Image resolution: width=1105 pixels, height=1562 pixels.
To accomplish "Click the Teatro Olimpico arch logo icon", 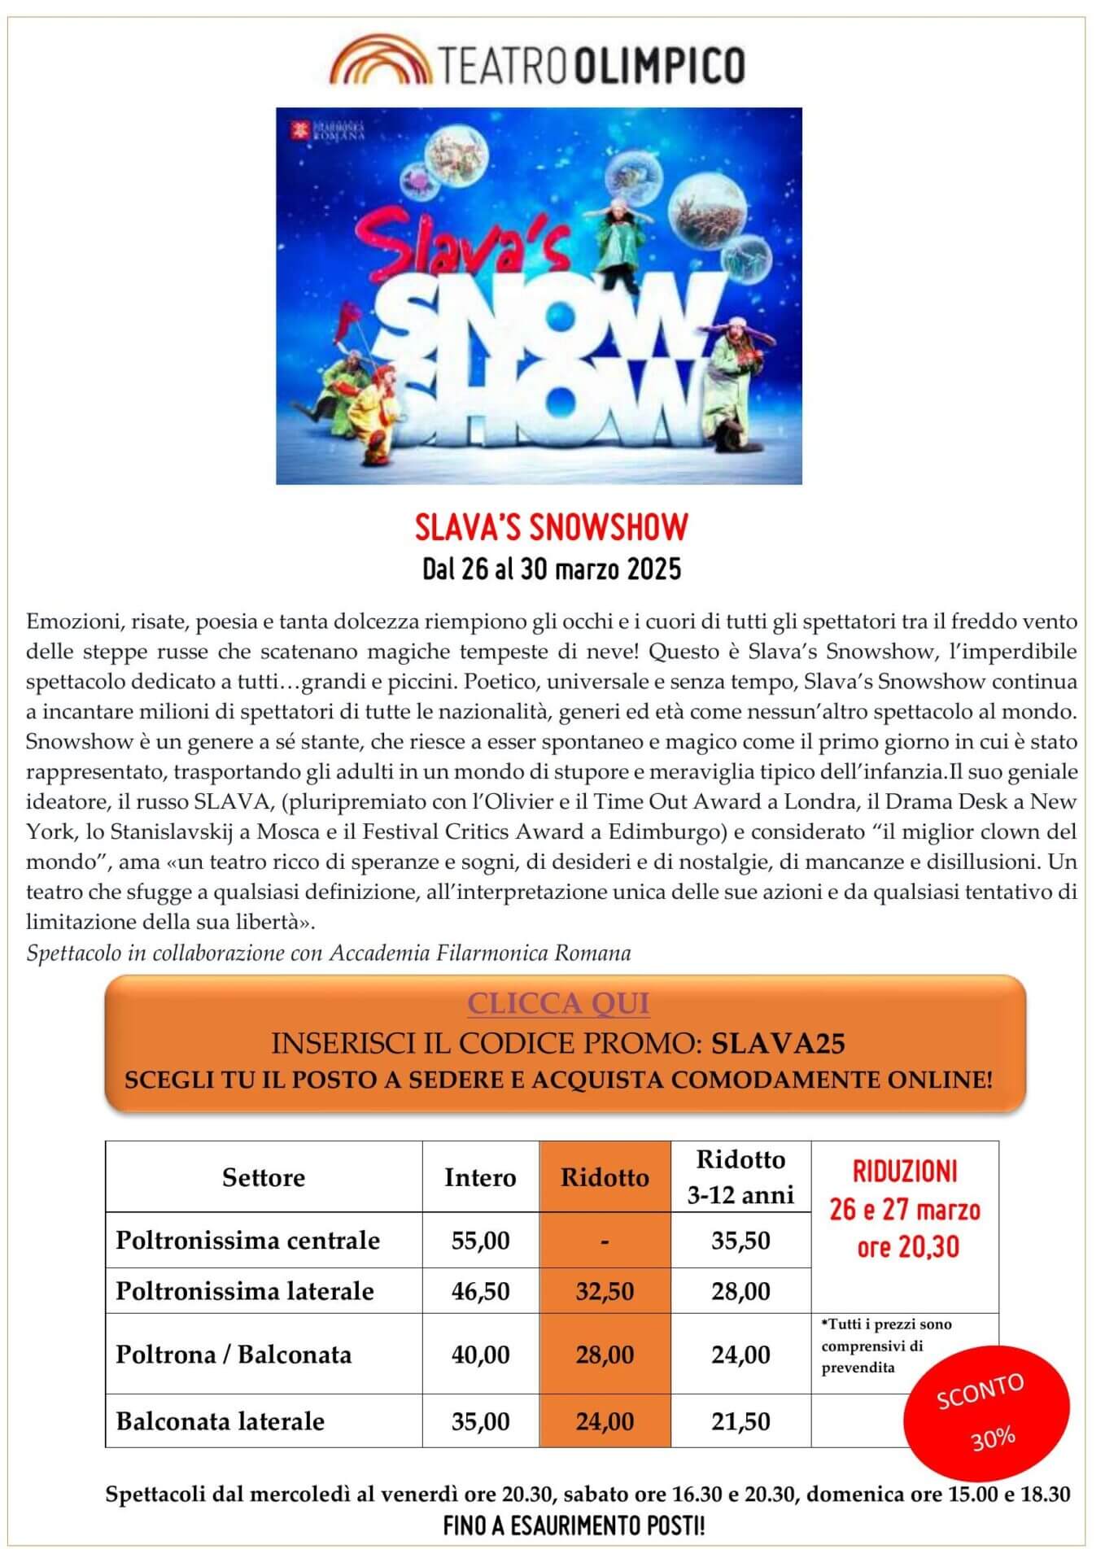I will click(x=380, y=60).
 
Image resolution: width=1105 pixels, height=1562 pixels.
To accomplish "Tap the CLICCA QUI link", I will click(x=558, y=1003).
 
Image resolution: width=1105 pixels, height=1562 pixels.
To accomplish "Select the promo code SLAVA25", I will click(x=778, y=1043).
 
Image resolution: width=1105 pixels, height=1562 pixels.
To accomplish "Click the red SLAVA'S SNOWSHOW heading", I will click(x=552, y=527).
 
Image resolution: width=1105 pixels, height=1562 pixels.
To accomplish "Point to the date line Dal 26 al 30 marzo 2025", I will click(x=552, y=569).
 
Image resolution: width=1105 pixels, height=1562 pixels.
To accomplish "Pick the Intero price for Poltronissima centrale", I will click(x=480, y=1241).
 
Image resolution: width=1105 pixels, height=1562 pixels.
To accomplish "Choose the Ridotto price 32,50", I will click(x=605, y=1291).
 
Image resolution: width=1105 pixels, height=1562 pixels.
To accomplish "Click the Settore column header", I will click(x=263, y=1177).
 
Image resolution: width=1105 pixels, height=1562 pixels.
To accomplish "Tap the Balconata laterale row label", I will click(x=221, y=1421).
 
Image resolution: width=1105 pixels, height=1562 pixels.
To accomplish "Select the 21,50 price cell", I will click(x=740, y=1421).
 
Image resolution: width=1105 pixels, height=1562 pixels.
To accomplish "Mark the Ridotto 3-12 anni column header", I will click(x=740, y=1177).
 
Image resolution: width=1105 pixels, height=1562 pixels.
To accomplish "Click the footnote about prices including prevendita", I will click(x=886, y=1346).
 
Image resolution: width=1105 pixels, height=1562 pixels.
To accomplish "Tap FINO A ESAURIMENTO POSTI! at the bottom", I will click(x=574, y=1526).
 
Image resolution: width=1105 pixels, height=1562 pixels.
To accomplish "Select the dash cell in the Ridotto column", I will click(x=605, y=1241).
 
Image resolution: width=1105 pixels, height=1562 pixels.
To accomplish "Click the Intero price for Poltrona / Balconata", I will click(x=480, y=1355).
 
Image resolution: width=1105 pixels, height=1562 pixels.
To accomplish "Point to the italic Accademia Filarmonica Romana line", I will click(x=329, y=953).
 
